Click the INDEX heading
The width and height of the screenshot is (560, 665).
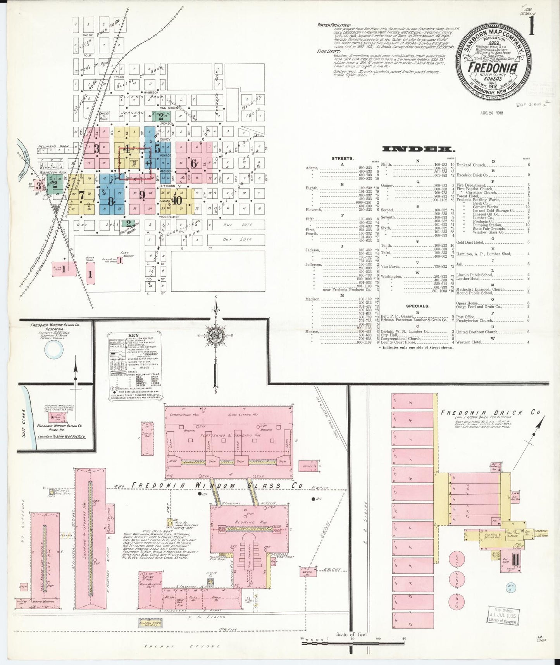pyautogui.click(x=418, y=149)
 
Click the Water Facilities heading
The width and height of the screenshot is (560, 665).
pyautogui.click(x=334, y=25)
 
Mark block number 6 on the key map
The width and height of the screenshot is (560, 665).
pyautogui.click(x=193, y=163)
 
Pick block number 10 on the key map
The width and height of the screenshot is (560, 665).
pyautogui.click(x=177, y=201)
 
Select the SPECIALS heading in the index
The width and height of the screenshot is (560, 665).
pyautogui.click(x=418, y=306)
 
